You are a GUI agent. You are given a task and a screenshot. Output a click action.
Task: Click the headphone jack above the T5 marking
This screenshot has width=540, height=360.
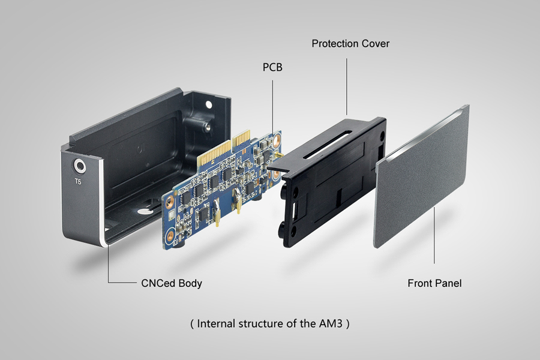[79, 166]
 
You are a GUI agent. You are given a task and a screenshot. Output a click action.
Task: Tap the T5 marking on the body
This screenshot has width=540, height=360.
[79, 181]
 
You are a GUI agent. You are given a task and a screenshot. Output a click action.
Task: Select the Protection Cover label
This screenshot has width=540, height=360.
[350, 44]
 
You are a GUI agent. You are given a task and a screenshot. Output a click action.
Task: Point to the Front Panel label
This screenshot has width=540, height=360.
[434, 283]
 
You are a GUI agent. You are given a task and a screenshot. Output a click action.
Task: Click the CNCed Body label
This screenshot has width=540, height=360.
[171, 283]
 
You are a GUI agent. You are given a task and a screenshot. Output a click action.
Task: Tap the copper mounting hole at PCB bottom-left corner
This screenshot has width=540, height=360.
[170, 242]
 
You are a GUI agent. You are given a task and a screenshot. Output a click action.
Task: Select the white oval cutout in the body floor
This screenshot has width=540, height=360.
[146, 212]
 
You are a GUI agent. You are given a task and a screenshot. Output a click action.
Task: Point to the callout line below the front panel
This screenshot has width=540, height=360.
[434, 237]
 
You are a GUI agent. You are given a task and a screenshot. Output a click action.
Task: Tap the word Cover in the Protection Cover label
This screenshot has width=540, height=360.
[376, 44]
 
